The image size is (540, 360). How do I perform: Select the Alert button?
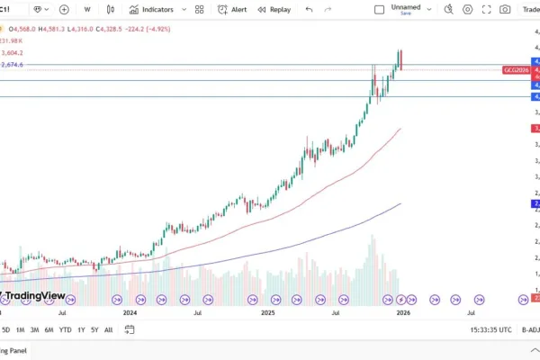tap(233, 9)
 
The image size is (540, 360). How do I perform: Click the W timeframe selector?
tap(87, 9)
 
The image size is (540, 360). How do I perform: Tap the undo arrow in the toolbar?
tap(309, 9)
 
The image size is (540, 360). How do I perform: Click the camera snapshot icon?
tap(505, 9)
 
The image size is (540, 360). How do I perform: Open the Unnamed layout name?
tap(406, 6)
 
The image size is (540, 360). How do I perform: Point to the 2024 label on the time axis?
tap(130, 313)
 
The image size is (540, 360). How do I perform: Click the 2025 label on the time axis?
tap(267, 313)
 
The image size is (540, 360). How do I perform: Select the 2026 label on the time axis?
tap(404, 313)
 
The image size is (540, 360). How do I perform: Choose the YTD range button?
tap(66, 329)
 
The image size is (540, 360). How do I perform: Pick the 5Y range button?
tap(94, 329)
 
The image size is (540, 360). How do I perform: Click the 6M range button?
tap(49, 329)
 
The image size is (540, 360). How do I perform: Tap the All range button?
tap(109, 329)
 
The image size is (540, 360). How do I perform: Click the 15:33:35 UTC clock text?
tap(490, 329)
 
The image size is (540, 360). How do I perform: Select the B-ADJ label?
tap(529, 329)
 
